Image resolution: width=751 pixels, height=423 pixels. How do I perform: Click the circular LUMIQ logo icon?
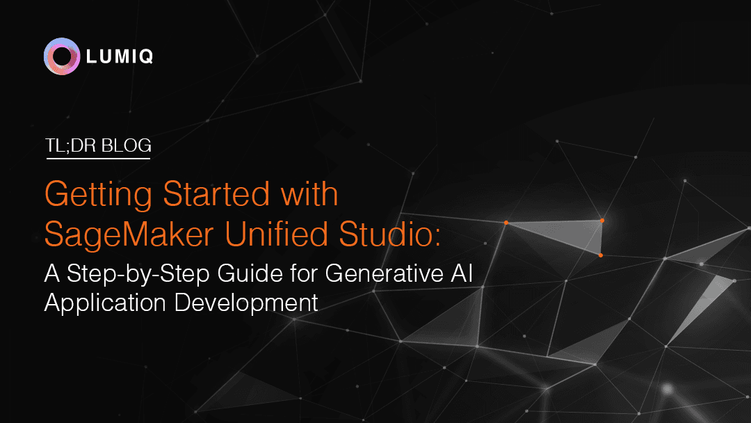pyautogui.click(x=62, y=56)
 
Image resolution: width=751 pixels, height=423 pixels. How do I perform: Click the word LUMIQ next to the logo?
pyautogui.click(x=120, y=56)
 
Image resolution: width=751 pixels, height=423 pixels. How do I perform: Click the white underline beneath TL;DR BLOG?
pyautogui.click(x=98, y=158)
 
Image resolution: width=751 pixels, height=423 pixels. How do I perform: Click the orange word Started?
pyautogui.click(x=216, y=193)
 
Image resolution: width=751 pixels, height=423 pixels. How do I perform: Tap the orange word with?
pyautogui.click(x=309, y=193)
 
